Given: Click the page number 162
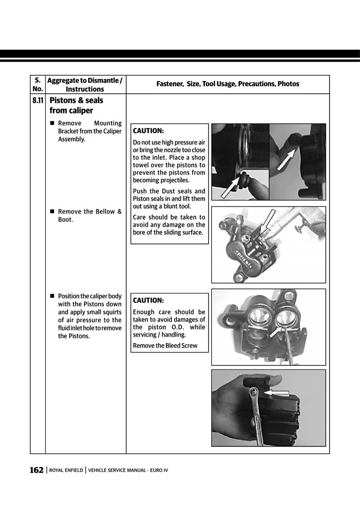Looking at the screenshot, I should point(36,470).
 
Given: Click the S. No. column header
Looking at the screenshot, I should point(37,85).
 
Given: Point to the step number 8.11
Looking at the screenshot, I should point(37,101).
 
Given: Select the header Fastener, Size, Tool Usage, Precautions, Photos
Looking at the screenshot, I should point(227,84).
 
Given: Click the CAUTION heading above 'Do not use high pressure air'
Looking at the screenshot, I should point(148,131).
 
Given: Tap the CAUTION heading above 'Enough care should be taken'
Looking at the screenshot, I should point(148,300).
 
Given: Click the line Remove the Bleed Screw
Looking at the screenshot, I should point(165,346).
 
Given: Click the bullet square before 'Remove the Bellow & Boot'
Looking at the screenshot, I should point(52,212).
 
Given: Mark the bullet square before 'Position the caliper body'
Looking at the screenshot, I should point(52,296).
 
